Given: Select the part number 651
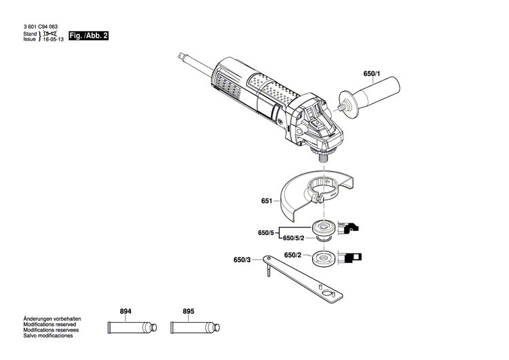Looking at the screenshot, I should (x=266, y=202).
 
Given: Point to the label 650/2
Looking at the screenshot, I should (x=293, y=255).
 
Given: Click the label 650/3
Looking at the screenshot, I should (x=242, y=260).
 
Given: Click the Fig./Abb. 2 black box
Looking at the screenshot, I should (x=89, y=35).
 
